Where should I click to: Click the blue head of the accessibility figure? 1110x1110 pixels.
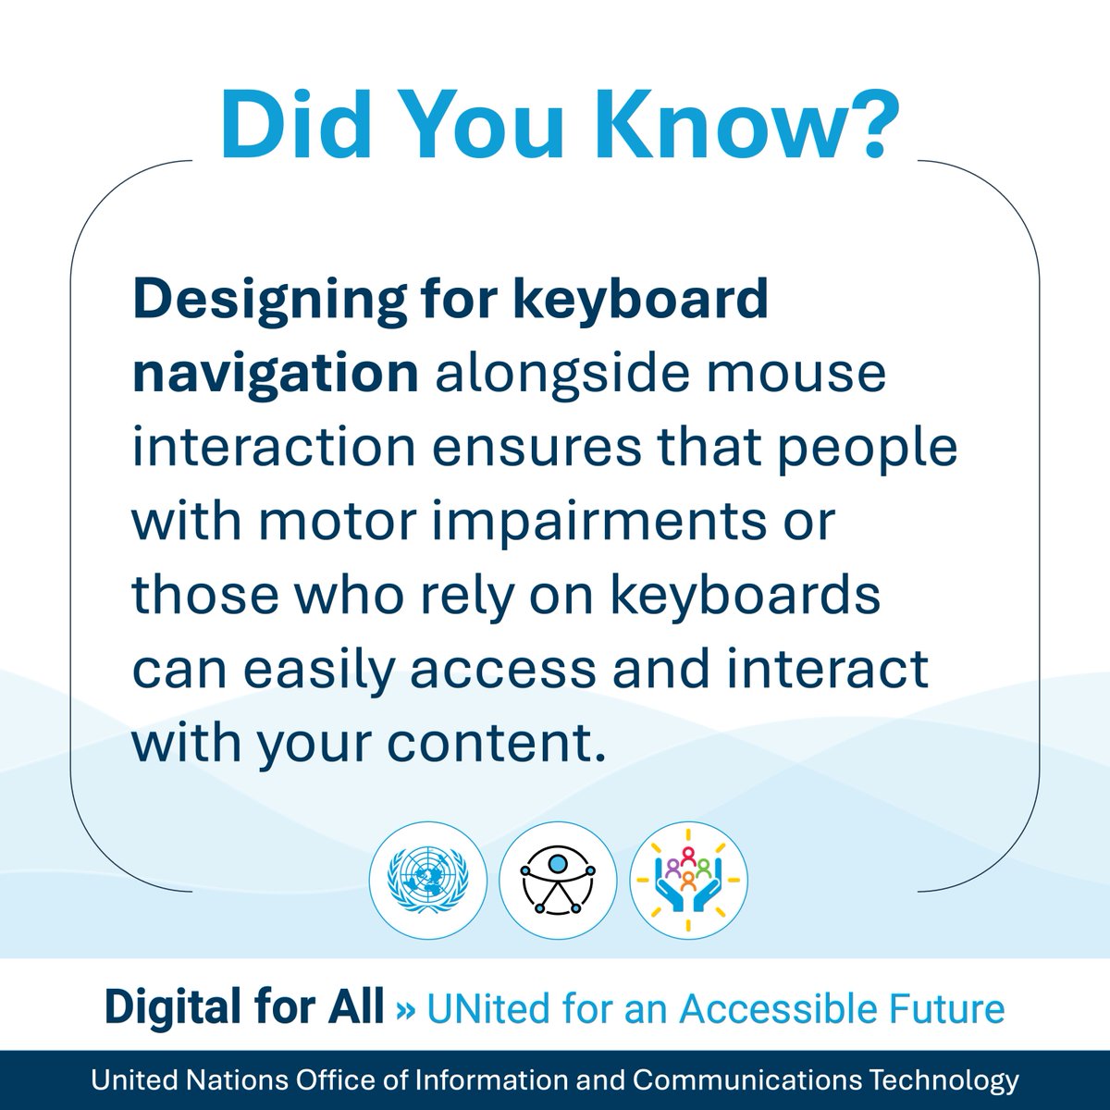558,862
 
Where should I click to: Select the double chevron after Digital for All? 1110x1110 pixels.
405,1008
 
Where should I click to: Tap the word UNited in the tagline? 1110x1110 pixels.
482,1007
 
